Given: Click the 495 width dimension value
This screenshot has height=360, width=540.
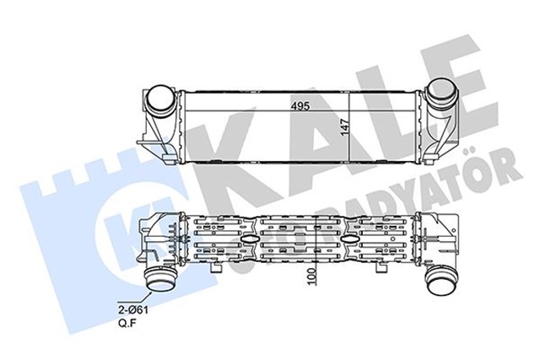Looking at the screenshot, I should [x=292, y=105].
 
